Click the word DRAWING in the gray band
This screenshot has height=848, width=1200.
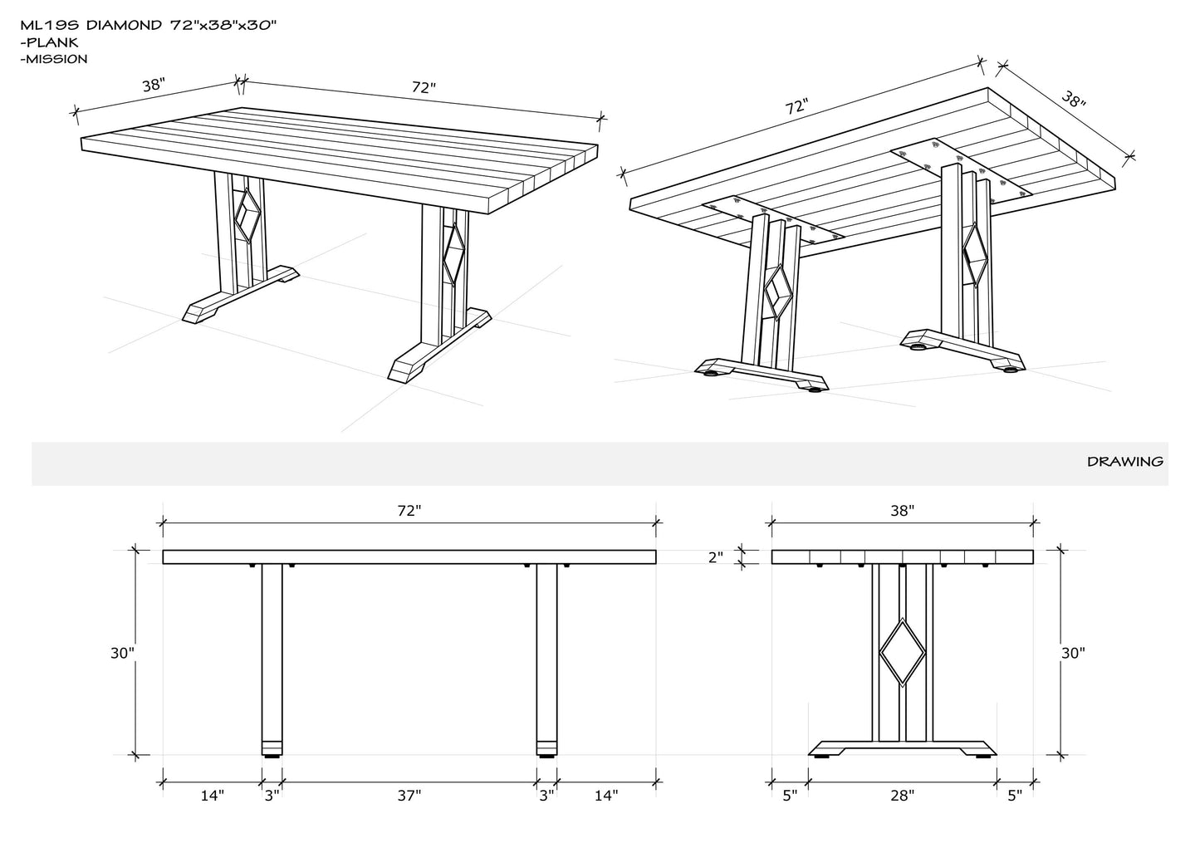point(1125,461)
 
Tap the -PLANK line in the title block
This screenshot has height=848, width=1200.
point(49,42)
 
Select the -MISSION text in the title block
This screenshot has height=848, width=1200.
point(54,59)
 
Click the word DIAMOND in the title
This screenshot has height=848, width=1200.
point(124,25)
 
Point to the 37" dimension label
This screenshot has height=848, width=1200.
point(409,796)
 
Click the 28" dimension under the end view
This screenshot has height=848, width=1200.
point(903,796)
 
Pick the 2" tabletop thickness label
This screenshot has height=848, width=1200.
point(716,557)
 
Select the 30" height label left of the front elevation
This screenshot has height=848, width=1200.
point(122,653)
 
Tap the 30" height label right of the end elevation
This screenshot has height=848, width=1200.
point(1074,653)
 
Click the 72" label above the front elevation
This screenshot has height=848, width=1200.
point(409,511)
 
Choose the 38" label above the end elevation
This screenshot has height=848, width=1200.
point(903,511)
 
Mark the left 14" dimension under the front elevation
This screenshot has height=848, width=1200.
point(212,796)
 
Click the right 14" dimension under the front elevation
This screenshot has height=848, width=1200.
point(606,796)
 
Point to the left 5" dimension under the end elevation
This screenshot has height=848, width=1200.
point(791,796)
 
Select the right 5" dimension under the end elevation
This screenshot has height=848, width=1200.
point(1015,796)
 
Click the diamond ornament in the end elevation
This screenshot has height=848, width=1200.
point(903,652)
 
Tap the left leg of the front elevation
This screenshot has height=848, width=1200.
point(272,659)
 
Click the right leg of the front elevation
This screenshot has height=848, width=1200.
point(547,659)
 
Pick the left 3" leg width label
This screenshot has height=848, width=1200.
point(272,796)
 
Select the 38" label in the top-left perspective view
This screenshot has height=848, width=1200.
point(154,86)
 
